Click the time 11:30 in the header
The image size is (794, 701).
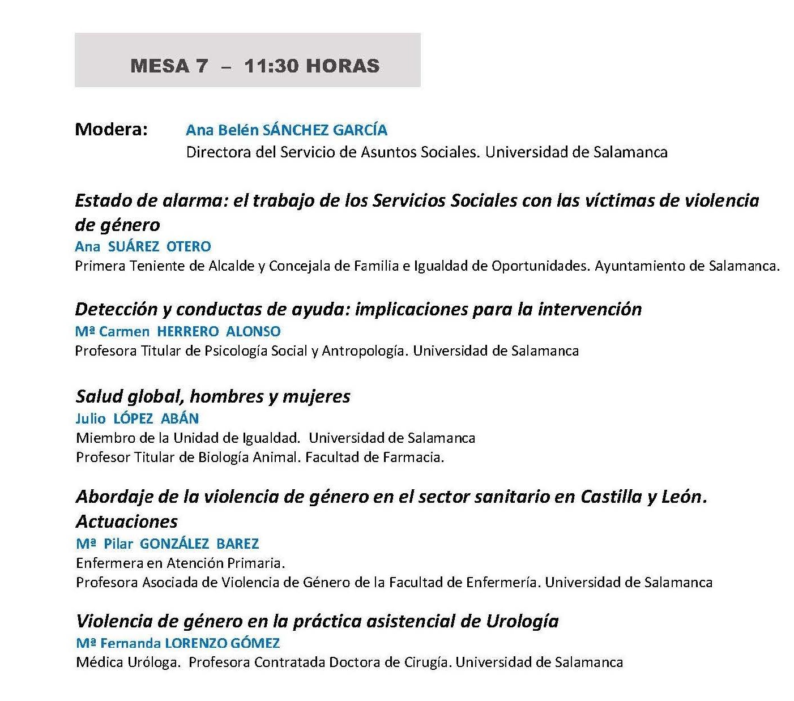pyautogui.click(x=272, y=66)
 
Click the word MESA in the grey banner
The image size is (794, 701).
pyautogui.click(x=160, y=66)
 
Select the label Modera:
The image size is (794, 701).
pyautogui.click(x=111, y=130)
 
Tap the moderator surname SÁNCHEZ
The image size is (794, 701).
pyautogui.click(x=296, y=130)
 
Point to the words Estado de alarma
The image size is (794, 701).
pyautogui.click(x=151, y=200)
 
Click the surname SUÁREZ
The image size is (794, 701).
pyautogui.click(x=134, y=246)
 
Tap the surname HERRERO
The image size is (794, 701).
pyautogui.click(x=187, y=331)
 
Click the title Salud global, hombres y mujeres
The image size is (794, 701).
pyautogui.click(x=213, y=396)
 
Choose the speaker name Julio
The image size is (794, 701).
pyautogui.click(x=91, y=418)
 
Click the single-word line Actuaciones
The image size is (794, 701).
pyautogui.click(x=127, y=522)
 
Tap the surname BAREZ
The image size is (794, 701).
pyautogui.click(x=237, y=544)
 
